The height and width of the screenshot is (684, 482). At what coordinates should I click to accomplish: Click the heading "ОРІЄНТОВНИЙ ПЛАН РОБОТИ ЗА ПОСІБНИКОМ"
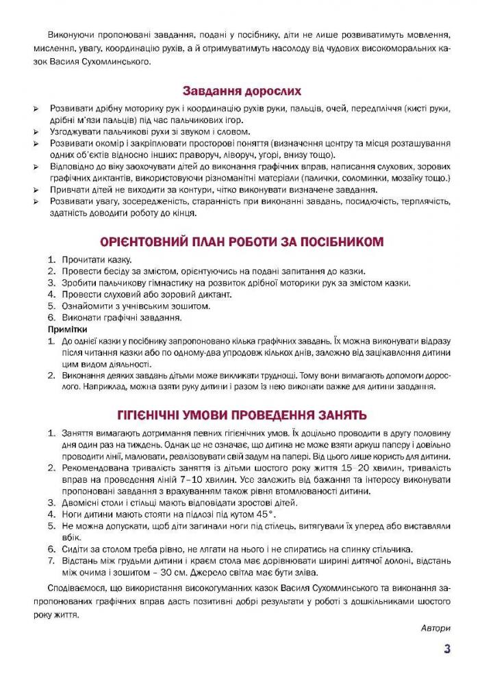(x=241, y=241)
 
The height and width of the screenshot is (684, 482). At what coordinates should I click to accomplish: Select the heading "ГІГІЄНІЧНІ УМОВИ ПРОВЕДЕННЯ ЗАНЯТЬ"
(x=241, y=415)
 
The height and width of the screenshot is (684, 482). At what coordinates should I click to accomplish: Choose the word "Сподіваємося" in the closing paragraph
(x=77, y=589)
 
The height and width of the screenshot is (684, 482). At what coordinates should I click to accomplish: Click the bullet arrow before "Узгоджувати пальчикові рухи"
(x=36, y=132)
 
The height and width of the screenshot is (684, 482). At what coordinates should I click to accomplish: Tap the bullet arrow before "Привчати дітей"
(x=36, y=190)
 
